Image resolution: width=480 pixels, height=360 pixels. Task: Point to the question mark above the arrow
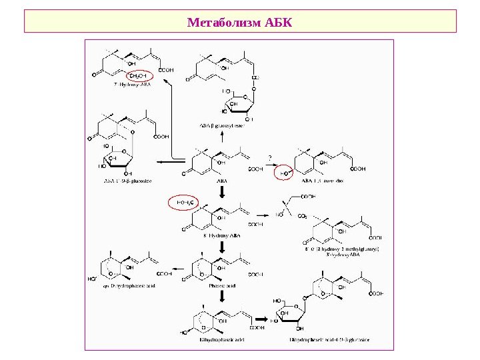pyautogui.click(x=269, y=157)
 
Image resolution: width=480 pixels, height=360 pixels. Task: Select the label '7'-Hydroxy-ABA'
pyautogui.click(x=133, y=85)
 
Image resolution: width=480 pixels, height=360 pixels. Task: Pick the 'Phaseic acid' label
pyautogui.click(x=219, y=285)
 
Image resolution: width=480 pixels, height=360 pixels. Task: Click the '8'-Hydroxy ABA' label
pyautogui.click(x=220, y=236)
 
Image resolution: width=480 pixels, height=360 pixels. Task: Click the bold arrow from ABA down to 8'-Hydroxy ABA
pyautogui.click(x=221, y=190)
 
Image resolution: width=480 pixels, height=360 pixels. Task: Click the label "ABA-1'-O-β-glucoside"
pyautogui.click(x=127, y=181)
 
